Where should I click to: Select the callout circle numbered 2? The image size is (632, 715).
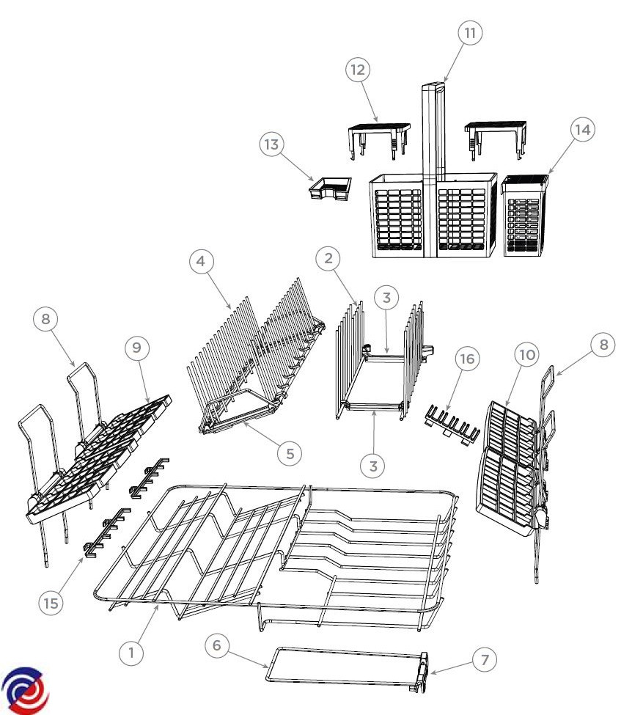pyautogui.click(x=330, y=258)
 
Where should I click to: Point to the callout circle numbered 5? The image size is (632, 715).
pyautogui.click(x=290, y=452)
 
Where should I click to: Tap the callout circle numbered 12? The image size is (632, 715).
pyautogui.click(x=358, y=70)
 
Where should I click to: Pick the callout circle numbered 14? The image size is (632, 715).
pyautogui.click(x=582, y=129)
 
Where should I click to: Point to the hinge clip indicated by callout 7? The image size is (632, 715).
pyautogui.click(x=424, y=672)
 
